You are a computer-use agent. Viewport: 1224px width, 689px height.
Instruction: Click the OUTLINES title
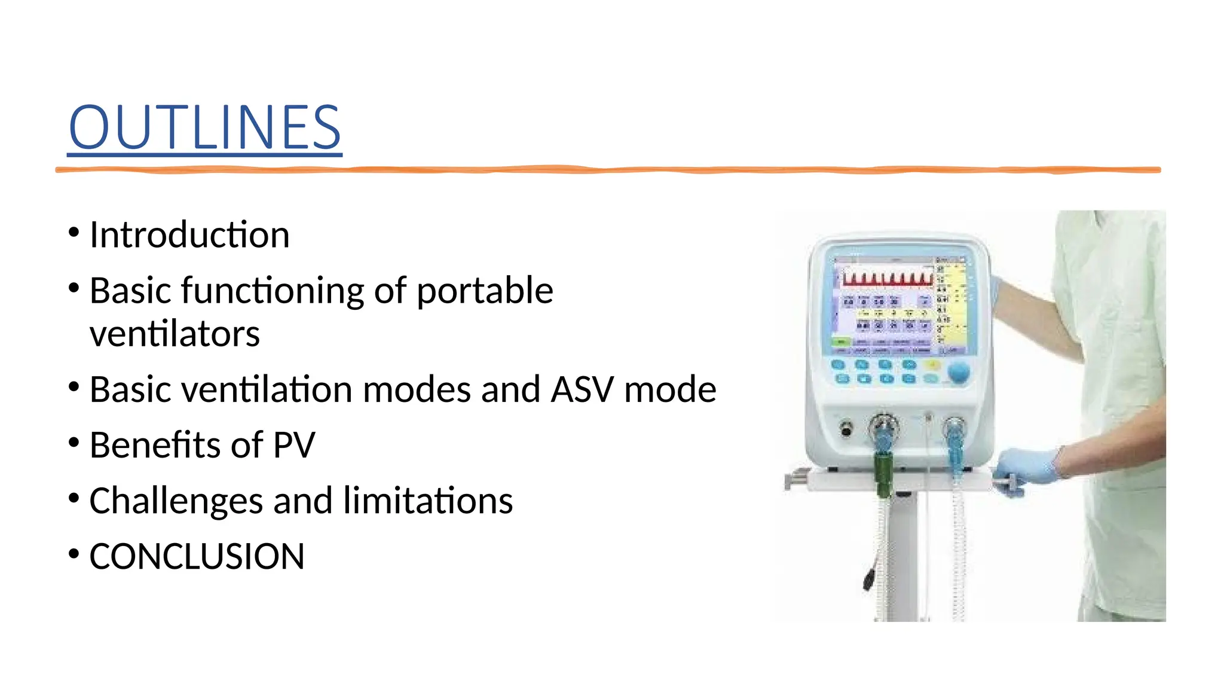[x=204, y=127]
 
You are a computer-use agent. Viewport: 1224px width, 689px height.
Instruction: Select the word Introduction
[x=189, y=234]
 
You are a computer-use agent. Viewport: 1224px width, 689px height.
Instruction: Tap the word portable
[x=485, y=291]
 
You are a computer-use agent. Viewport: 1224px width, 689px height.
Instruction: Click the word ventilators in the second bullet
[x=175, y=334]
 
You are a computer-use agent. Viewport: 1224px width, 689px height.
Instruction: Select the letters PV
[x=293, y=445]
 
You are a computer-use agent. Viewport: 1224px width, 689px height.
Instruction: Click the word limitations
[x=428, y=501]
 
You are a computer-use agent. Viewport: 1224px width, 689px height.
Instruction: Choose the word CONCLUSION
[x=197, y=556]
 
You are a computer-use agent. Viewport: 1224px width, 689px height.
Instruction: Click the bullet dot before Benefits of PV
[x=74, y=443]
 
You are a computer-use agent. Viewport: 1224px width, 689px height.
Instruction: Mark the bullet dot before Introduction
[x=74, y=232]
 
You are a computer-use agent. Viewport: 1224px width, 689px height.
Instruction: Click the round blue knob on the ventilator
[x=959, y=372]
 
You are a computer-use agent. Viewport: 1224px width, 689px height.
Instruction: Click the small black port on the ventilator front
[x=846, y=429]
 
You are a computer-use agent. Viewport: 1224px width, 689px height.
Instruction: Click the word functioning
[x=273, y=291]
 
